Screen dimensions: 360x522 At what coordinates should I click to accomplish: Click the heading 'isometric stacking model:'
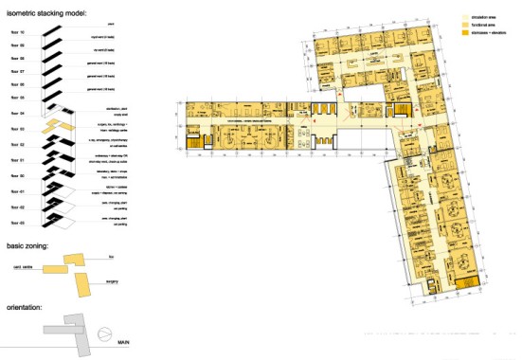(x=46, y=14)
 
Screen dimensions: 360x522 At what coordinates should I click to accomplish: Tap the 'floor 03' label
(x=17, y=128)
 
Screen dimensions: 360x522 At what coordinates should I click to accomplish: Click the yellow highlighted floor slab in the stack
(x=59, y=124)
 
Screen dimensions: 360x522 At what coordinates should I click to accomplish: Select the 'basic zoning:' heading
(x=29, y=245)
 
